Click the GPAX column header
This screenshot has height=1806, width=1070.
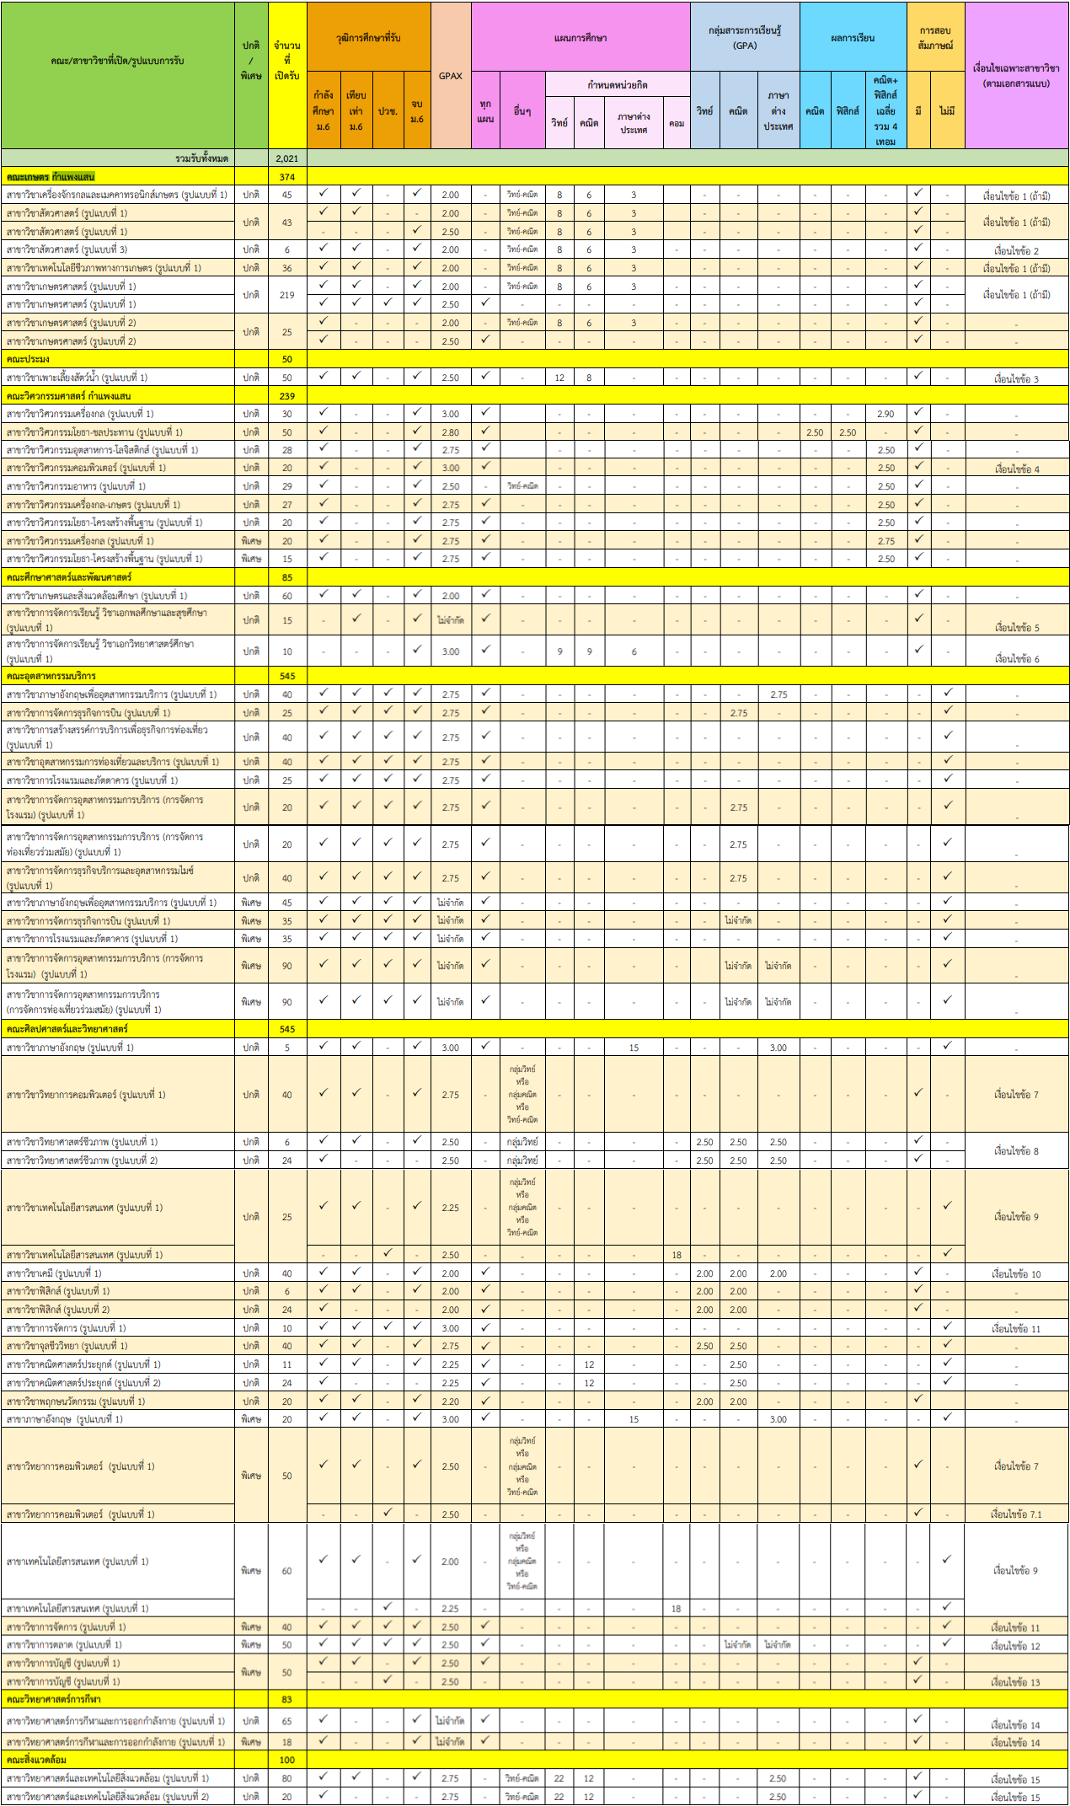pyautogui.click(x=451, y=76)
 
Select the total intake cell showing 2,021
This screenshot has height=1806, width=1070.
pyautogui.click(x=287, y=158)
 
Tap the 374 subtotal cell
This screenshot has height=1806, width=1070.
pyautogui.click(x=287, y=177)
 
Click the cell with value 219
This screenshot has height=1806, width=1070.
pyautogui.click(x=287, y=295)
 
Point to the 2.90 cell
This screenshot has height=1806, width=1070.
pyautogui.click(x=885, y=414)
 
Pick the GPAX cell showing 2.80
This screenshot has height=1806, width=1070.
pyautogui.click(x=451, y=432)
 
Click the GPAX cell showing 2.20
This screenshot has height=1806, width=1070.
pyautogui.click(x=451, y=1401)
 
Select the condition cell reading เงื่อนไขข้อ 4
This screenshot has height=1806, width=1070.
pyautogui.click(x=1017, y=469)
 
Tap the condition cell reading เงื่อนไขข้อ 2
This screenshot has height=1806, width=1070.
pyautogui.click(x=1017, y=250)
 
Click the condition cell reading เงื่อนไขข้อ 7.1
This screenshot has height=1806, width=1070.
pyautogui.click(x=1016, y=1514)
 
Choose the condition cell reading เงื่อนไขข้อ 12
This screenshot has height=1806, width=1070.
pyautogui.click(x=1016, y=1645)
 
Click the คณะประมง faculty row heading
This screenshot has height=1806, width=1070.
pyautogui.click(x=28, y=359)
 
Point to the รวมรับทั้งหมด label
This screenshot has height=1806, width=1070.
pyautogui.click(x=202, y=158)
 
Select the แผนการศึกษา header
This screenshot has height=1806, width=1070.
pyautogui.click(x=580, y=38)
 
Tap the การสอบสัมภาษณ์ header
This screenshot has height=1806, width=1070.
pyautogui.click(x=935, y=38)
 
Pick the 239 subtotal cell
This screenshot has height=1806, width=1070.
pyautogui.click(x=287, y=396)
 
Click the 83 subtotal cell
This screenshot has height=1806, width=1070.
pyautogui.click(x=287, y=1699)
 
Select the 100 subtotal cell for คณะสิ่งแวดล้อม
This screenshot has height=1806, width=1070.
pyautogui.click(x=287, y=1760)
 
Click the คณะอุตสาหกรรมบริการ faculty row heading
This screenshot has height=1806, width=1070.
pyautogui.click(x=51, y=676)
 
